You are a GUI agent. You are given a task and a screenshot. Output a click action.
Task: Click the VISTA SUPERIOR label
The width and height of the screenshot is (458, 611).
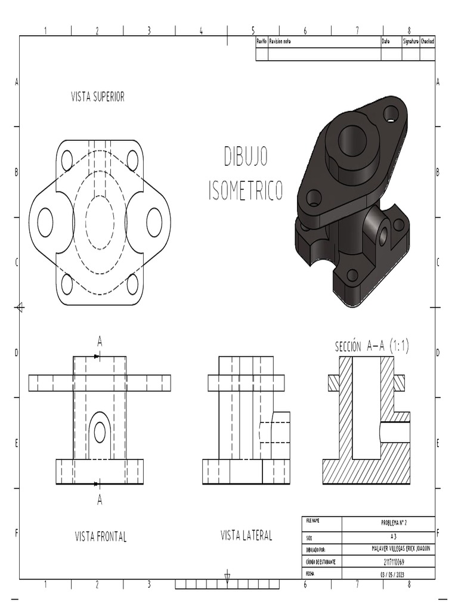(98, 97)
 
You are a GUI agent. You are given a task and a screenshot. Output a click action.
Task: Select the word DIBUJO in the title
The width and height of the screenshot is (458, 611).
(246, 156)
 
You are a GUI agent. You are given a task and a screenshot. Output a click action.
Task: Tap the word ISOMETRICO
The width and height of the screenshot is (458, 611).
(246, 190)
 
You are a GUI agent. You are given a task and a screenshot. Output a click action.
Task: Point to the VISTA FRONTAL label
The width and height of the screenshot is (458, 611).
(101, 536)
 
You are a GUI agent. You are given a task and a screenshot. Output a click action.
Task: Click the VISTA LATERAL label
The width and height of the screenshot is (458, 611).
(246, 535)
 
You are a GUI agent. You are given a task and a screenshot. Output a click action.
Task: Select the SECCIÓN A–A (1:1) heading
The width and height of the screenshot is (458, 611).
(372, 347)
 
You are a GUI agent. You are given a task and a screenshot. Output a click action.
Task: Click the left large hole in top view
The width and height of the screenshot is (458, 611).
(45, 223)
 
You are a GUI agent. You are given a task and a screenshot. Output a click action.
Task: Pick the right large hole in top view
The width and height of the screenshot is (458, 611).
(154, 223)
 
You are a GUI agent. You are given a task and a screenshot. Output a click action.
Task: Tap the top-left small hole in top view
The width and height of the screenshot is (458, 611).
(67, 161)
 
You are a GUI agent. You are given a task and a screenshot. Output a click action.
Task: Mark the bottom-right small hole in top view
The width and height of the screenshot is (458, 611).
(132, 284)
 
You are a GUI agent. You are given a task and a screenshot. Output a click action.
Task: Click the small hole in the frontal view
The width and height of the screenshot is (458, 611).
(100, 432)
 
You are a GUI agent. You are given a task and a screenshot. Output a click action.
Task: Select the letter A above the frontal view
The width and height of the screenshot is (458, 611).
(100, 341)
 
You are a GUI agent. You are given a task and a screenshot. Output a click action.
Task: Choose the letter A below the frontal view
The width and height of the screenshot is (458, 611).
(100, 500)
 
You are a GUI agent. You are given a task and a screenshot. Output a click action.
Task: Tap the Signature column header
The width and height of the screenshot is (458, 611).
(410, 41)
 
